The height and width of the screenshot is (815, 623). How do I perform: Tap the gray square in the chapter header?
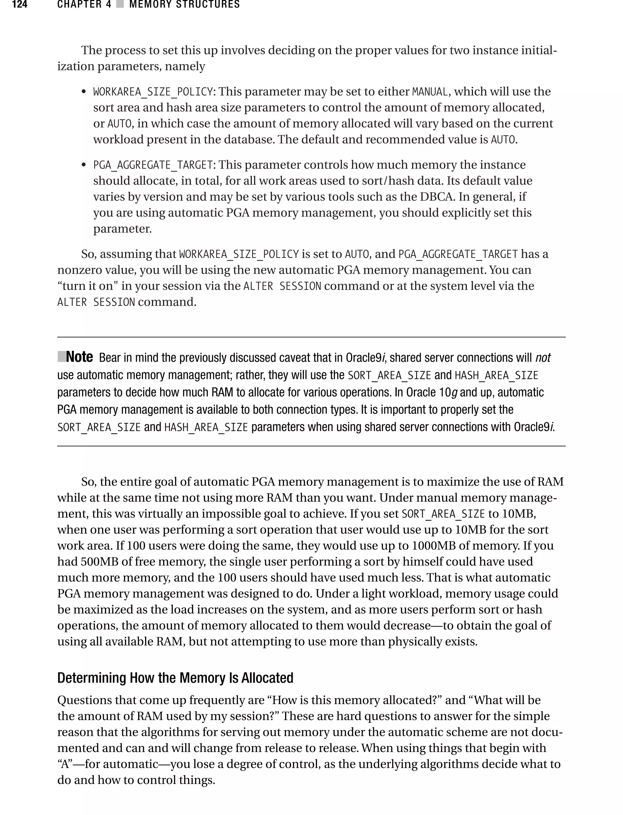tap(120, 5)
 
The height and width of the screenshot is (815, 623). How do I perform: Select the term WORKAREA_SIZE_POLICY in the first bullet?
tap(153, 92)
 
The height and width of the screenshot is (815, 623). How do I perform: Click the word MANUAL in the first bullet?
tap(430, 92)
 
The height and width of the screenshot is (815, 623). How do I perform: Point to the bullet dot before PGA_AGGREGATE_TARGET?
tap(84, 165)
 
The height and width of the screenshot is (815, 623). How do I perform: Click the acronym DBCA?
tap(437, 197)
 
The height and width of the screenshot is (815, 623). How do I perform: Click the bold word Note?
tap(79, 357)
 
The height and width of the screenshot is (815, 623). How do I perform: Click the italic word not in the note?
tap(543, 358)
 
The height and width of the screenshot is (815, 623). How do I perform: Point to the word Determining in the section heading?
tap(92, 678)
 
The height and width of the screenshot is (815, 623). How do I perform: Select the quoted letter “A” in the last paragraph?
tap(64, 764)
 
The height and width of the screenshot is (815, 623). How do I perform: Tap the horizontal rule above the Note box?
tap(311, 337)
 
